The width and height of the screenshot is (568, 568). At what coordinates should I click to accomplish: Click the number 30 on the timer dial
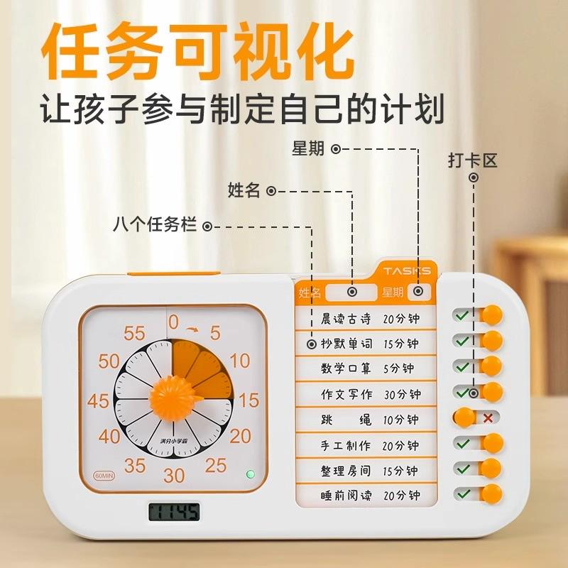[x=174, y=475]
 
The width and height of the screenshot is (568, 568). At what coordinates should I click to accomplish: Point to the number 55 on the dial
[x=135, y=332]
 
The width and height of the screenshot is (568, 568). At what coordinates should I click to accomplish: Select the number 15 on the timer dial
[x=248, y=400]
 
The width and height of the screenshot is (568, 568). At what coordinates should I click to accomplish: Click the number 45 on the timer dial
[x=98, y=400]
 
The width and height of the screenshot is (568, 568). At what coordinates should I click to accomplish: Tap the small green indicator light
[x=249, y=474]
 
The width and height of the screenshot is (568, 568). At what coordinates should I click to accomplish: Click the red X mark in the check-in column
[x=488, y=417]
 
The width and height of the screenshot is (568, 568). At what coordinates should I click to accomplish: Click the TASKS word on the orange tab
[x=407, y=271]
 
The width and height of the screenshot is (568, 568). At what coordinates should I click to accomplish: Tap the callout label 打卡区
[x=472, y=160]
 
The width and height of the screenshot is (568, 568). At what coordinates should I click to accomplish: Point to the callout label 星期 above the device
[x=307, y=148]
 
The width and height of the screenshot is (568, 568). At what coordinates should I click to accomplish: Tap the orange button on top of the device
[x=174, y=273]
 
